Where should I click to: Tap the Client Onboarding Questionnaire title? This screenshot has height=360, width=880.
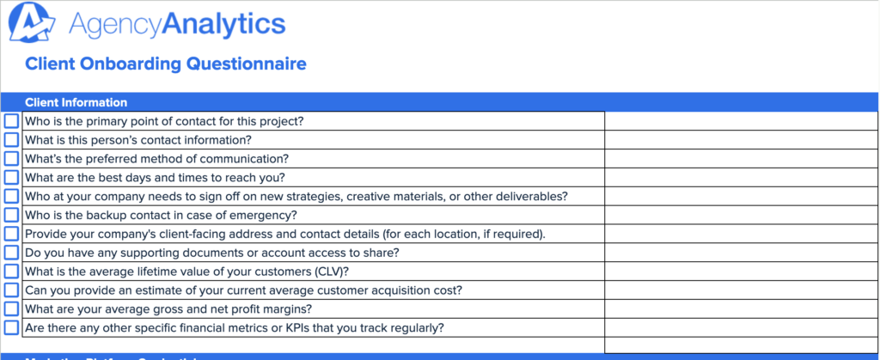[165, 64]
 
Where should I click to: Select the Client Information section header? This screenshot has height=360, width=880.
[76, 102]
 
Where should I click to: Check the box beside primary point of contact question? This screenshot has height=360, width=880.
[11, 121]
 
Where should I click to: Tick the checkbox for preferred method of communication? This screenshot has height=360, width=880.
[11, 159]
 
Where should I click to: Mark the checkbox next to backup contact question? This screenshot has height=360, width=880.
[11, 215]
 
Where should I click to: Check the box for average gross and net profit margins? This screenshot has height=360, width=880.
[11, 308]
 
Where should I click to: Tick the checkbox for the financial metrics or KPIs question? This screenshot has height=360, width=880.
[11, 327]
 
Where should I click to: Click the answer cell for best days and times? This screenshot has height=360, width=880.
[741, 178]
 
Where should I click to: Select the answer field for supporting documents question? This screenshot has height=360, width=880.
[741, 253]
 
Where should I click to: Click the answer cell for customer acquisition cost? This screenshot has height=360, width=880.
[741, 290]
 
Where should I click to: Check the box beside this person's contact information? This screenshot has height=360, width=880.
[11, 140]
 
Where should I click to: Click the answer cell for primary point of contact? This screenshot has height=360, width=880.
[741, 121]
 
